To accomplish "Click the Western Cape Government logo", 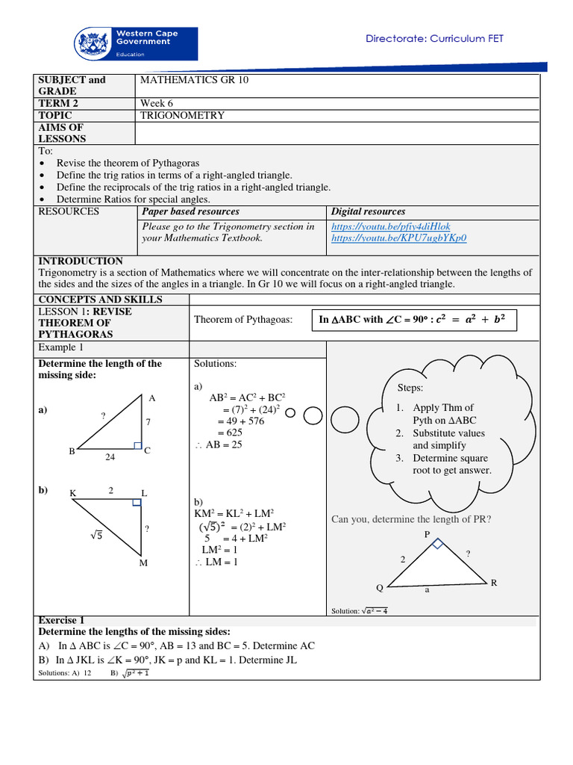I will pos(135,44).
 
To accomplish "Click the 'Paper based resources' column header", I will pos(191,212).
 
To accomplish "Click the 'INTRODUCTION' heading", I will pos(81,261).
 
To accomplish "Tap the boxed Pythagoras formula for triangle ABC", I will pos(412,320).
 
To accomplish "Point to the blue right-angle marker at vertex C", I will pos(137,445).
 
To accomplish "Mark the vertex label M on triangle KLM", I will pos(143,563).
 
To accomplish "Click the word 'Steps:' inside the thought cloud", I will pos(410,388).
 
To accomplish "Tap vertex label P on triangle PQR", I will pos(428,534).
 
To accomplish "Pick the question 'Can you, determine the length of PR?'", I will pos(411,519).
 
